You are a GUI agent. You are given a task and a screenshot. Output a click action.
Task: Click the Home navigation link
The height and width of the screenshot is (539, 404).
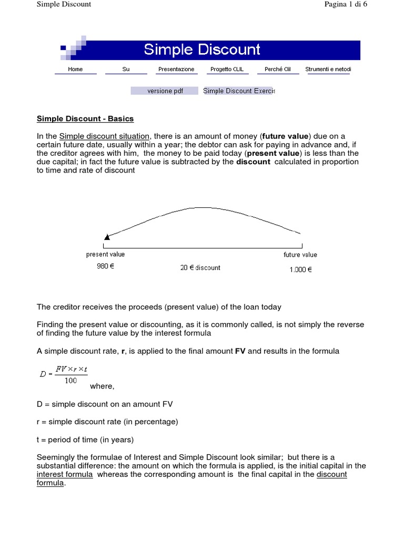(75, 69)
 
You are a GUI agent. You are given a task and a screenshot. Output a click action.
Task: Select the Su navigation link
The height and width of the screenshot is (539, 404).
(126, 69)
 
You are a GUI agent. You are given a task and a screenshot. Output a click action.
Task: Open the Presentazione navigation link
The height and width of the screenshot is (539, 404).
(176, 69)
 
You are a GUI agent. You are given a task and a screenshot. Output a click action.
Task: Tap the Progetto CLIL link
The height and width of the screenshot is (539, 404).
(227, 69)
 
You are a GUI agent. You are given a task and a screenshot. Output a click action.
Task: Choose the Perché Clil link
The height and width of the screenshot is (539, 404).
(278, 69)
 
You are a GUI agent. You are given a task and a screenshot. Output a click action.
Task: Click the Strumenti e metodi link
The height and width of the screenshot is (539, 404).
(328, 69)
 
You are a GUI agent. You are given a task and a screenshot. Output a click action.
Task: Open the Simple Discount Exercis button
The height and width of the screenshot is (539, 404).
(238, 91)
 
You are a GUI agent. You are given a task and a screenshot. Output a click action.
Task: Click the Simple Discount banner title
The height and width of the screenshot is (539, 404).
(202, 49)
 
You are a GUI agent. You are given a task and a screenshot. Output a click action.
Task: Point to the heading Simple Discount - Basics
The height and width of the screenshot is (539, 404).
(85, 118)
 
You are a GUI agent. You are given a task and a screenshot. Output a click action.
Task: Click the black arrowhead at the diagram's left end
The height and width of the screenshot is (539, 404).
(107, 237)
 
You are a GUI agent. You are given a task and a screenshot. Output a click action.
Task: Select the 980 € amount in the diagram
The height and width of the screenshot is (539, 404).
(105, 266)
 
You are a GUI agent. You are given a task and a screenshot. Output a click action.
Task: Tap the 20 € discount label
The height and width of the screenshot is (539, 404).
(200, 267)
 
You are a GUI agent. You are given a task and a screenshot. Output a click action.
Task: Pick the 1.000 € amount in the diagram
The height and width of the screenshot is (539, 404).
(300, 269)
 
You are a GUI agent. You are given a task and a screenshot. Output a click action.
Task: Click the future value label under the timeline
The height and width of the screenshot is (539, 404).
(300, 255)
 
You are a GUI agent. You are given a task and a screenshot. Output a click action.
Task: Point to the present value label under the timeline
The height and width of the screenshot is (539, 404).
(105, 254)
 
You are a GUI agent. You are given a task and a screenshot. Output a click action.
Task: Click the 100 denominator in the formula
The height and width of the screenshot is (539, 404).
(71, 381)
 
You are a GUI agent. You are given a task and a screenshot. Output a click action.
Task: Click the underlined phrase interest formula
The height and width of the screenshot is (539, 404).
(65, 475)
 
